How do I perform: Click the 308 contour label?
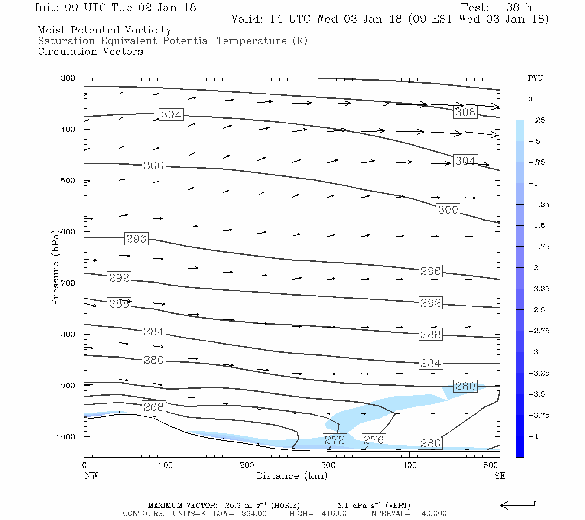click(x=465, y=112)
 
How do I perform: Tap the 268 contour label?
click(x=153, y=407)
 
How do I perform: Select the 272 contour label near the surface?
click(x=335, y=440)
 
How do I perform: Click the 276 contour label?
click(x=374, y=440)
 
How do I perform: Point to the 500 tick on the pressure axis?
click(x=68, y=181)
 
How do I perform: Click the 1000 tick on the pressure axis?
click(x=65, y=437)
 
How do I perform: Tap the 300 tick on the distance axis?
click(x=328, y=465)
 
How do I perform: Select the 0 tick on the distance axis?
click(x=84, y=465)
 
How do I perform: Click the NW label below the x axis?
click(x=91, y=476)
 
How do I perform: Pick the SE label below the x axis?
click(x=500, y=476)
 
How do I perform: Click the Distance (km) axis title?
click(x=292, y=476)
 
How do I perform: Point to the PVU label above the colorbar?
click(x=535, y=78)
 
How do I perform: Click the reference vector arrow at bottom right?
click(x=517, y=505)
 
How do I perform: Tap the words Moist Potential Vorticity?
click(x=104, y=30)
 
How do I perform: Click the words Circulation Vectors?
click(x=90, y=52)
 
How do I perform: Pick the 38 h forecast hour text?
click(x=519, y=8)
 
